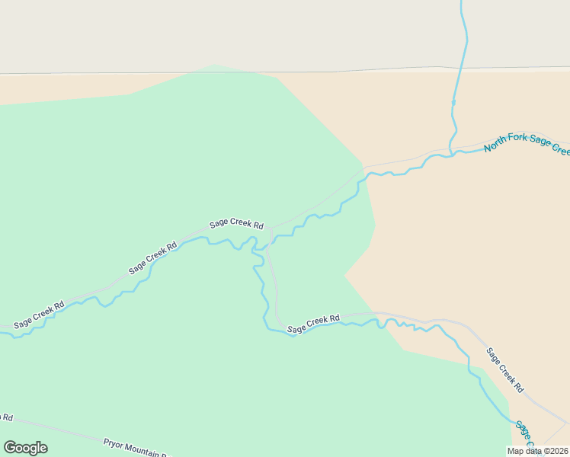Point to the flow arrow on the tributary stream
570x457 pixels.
point(453,101)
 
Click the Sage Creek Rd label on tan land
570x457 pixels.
point(504,369)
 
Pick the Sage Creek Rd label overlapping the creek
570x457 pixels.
point(313,324)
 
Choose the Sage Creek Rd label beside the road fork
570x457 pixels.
point(237,225)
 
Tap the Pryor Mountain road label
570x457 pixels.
point(137,448)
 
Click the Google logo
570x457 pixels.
point(25,448)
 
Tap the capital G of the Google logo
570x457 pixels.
point(10,448)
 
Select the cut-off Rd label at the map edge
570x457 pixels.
point(6,417)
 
